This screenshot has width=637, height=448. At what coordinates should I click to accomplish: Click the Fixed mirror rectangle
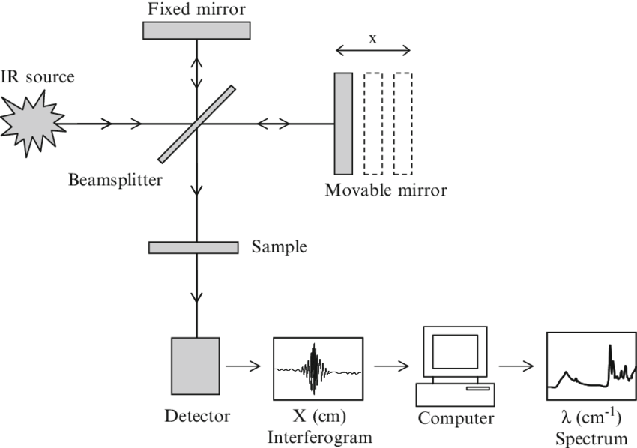pyautogui.click(x=196, y=29)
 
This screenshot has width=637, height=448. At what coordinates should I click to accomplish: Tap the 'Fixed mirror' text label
pyautogui.click(x=196, y=9)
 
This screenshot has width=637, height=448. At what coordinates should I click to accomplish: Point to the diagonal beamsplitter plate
pyautogui.click(x=196, y=123)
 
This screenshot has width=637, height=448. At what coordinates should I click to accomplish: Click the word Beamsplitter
pyautogui.click(x=113, y=180)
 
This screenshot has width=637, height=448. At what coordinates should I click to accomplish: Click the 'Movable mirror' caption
pyautogui.click(x=385, y=190)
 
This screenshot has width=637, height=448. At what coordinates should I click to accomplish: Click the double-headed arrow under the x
pyautogui.click(x=372, y=52)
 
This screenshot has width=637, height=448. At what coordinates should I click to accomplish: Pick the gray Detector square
pyautogui.click(x=195, y=366)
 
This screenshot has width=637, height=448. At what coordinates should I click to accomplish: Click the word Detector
pyautogui.click(x=196, y=414)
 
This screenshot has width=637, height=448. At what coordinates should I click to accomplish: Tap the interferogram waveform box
pyautogui.click(x=318, y=366)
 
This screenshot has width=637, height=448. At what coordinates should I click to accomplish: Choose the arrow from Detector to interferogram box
pyautogui.click(x=242, y=366)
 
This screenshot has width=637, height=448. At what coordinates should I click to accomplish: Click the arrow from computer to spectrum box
pyautogui.click(x=517, y=366)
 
